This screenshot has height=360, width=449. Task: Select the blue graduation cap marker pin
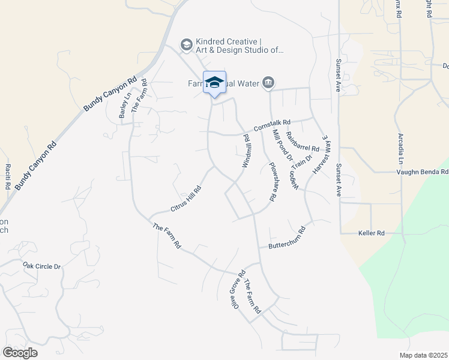pos(214,83)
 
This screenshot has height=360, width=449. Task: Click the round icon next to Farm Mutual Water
pos(268,82)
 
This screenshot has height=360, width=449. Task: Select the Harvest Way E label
pos(321,154)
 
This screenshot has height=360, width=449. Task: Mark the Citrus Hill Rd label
pos(185,199)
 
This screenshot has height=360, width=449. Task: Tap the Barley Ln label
pos(125,104)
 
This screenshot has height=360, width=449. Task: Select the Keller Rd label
pos(370,233)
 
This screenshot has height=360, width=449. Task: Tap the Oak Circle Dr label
pos(42,266)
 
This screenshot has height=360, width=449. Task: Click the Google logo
pos(20,353)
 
